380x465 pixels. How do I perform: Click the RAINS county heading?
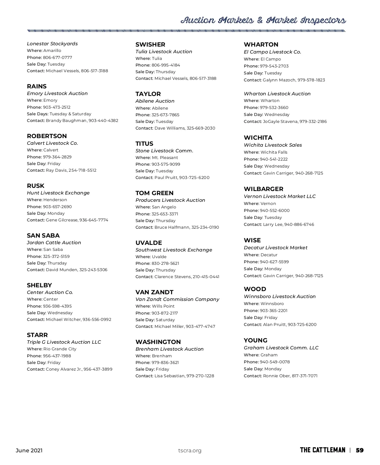point(37,86)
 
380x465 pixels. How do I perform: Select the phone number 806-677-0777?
point(58,58)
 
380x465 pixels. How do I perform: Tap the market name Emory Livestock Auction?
point(57,93)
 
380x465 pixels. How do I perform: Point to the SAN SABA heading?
point(43,236)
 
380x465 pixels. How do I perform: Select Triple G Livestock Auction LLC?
point(64,342)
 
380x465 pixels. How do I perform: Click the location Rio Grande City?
point(60,349)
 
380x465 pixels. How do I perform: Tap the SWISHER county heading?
point(150,45)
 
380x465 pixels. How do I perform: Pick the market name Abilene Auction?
point(155,101)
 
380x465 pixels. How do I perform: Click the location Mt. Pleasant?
point(165,158)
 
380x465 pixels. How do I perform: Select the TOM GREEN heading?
point(155,193)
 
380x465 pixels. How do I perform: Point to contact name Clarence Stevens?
point(173,277)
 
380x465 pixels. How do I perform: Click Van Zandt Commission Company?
point(177,299)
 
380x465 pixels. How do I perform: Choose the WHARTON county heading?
point(261,45)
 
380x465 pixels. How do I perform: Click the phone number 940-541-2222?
point(274,159)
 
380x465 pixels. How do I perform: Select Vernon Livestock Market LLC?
point(280,196)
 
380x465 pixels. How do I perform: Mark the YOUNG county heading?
point(256,341)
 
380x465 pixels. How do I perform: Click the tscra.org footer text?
point(190,451)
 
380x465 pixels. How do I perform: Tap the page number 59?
point(360,450)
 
